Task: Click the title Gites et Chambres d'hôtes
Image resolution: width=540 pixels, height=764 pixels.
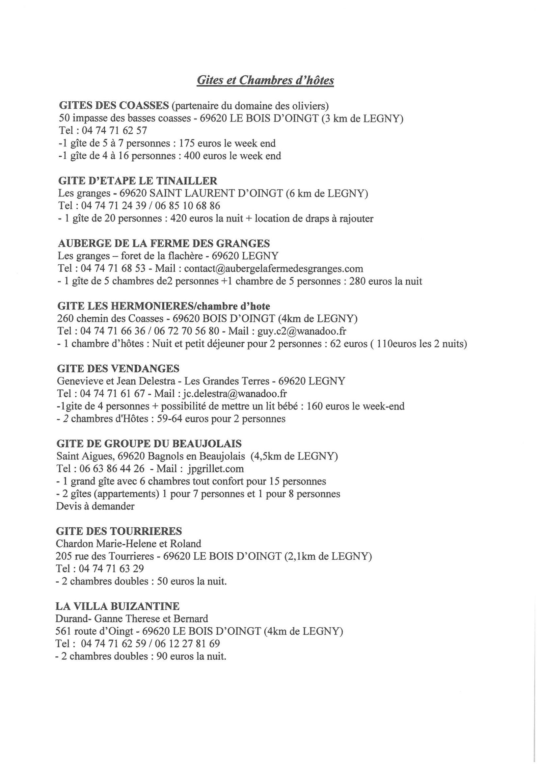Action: (x=265, y=80)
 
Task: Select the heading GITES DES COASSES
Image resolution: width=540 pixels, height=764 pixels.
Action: (x=114, y=106)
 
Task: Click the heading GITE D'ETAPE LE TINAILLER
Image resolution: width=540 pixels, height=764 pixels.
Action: (x=138, y=181)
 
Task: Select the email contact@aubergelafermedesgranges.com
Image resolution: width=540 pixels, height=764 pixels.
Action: (x=274, y=268)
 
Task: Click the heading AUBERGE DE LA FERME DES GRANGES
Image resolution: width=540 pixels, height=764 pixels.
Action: (x=164, y=243)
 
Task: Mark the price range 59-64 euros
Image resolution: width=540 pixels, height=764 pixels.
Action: (x=186, y=419)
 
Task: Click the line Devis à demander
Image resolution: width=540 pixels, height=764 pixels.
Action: (x=96, y=506)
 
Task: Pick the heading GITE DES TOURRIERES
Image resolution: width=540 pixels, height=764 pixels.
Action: (x=119, y=531)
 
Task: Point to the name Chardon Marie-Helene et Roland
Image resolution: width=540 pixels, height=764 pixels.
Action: (x=129, y=544)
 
